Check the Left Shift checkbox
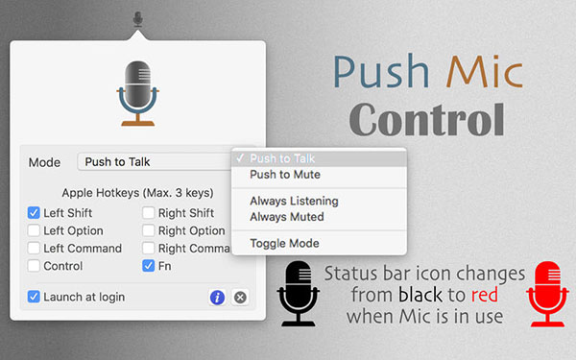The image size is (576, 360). pyautogui.click(x=34, y=213)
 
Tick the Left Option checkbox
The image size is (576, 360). pyautogui.click(x=34, y=230)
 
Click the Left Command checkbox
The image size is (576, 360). pyautogui.click(x=34, y=248)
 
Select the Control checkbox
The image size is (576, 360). pyautogui.click(x=34, y=265)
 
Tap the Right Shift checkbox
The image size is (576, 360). pyautogui.click(x=149, y=213)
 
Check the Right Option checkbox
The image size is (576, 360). pyautogui.click(x=149, y=230)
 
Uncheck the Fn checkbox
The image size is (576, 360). pyautogui.click(x=149, y=265)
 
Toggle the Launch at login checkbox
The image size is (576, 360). pyautogui.click(x=34, y=297)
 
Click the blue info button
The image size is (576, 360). pyautogui.click(x=217, y=298)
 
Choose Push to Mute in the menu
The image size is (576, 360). pyautogui.click(x=284, y=175)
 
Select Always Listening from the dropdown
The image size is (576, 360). pyautogui.click(x=294, y=201)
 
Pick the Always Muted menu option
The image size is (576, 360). pyautogui.click(x=287, y=216)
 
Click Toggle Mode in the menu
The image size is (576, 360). pyautogui.click(x=284, y=243)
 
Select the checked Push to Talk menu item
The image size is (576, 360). pyautogui.click(x=282, y=158)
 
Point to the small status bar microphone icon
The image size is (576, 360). pyautogui.click(x=138, y=18)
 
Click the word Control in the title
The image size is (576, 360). pyautogui.click(x=426, y=120)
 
